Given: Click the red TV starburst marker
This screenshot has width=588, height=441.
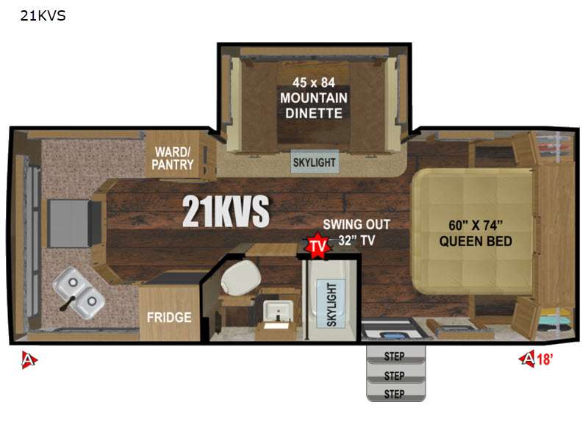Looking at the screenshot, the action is (x=318, y=245).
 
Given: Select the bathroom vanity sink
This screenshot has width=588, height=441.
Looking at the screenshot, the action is (x=278, y=312).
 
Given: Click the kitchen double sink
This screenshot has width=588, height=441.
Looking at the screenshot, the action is (x=79, y=292).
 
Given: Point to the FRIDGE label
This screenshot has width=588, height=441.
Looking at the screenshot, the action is (x=169, y=318).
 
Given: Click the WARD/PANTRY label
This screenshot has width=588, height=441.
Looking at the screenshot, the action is (x=173, y=158).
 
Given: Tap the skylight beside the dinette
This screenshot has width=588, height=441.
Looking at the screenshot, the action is (x=315, y=162).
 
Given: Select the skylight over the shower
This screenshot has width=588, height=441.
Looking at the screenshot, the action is (x=331, y=304).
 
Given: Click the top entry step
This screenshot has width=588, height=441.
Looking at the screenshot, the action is (x=395, y=354).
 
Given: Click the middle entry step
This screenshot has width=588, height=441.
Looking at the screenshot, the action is (x=395, y=374).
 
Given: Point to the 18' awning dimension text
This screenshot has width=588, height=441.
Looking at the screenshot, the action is (x=545, y=359).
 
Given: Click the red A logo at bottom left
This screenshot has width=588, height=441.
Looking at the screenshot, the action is (x=29, y=359).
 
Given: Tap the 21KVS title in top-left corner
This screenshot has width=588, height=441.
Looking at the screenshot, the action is (x=43, y=15).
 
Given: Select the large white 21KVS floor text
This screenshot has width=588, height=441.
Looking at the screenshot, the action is (x=226, y=211).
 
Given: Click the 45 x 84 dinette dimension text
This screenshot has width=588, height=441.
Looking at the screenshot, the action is (x=314, y=82).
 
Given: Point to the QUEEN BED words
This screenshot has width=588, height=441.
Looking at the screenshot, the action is (x=476, y=241).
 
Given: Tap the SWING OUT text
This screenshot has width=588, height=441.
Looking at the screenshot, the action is (x=356, y=224).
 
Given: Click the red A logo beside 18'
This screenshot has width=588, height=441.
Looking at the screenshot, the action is (x=527, y=359).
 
